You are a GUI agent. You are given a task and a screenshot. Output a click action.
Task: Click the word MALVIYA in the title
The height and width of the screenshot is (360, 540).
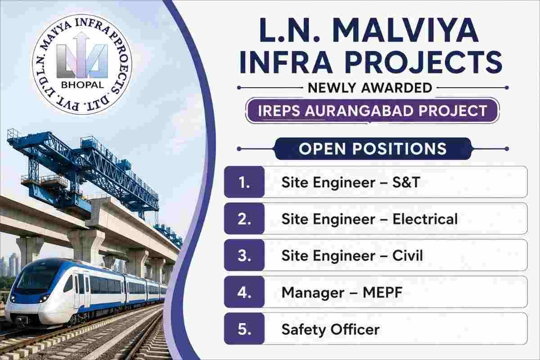pyautogui.click(x=405, y=30)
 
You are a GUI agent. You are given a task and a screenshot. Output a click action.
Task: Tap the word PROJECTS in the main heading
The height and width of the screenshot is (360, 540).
pyautogui.click(x=423, y=62)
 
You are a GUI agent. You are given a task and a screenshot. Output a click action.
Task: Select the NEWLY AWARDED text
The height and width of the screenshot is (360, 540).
pyautogui.click(x=370, y=88)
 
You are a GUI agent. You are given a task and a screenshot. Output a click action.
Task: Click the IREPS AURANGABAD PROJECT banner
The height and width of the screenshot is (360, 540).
pyautogui.click(x=373, y=111)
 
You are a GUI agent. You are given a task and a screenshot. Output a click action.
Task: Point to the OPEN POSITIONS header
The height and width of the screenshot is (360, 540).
pyautogui.click(x=373, y=148)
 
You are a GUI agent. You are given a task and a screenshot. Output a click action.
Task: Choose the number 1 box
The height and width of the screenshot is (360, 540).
pyautogui.click(x=244, y=182)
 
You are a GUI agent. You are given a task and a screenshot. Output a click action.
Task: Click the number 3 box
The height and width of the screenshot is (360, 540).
pyautogui.click(x=244, y=255)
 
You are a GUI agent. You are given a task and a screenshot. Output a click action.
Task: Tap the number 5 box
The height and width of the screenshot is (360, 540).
pyautogui.click(x=244, y=328)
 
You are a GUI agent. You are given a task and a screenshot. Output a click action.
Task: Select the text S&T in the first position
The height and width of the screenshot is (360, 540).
pyautogui.click(x=406, y=182)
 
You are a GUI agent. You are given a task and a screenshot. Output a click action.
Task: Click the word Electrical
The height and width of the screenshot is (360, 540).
pyautogui.click(x=425, y=219)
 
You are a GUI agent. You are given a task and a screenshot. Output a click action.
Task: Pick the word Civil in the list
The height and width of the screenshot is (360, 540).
pyautogui.click(x=407, y=255)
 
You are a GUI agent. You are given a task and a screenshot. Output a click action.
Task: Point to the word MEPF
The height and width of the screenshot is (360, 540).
pyautogui.click(x=382, y=292)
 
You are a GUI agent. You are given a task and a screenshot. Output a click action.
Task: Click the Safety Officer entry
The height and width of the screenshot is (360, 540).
pyautogui.click(x=330, y=329)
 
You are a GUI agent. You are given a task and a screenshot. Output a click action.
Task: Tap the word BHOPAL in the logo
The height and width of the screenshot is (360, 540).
pyautogui.click(x=82, y=85)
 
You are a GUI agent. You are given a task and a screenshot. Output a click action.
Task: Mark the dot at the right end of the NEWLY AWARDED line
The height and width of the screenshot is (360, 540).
pyautogui.click(x=507, y=88)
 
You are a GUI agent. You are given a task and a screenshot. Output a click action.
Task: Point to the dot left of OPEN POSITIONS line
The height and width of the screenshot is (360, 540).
pyautogui.click(x=239, y=149)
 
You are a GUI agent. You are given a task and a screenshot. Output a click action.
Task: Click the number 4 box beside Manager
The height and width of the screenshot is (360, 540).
pyautogui.click(x=244, y=292)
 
